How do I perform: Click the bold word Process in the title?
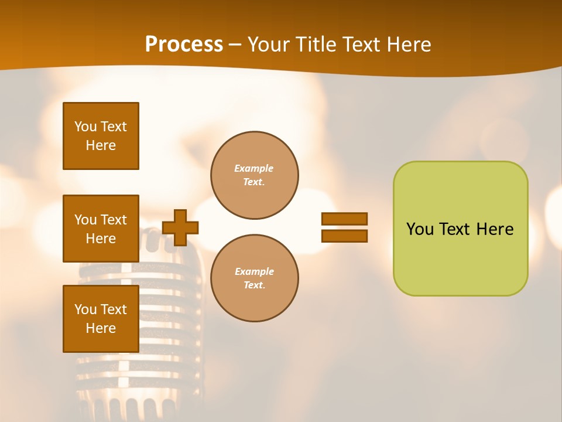pyautogui.click(x=184, y=45)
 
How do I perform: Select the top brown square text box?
pyautogui.click(x=101, y=136)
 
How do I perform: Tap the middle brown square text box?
pyautogui.click(x=101, y=229)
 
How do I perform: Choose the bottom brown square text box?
pyautogui.click(x=101, y=319)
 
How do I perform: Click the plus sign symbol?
pyautogui.click(x=180, y=227)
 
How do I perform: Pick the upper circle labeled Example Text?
pyautogui.click(x=254, y=175)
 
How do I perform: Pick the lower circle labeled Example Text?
pyautogui.click(x=254, y=278)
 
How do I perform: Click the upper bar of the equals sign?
pyautogui.click(x=344, y=219)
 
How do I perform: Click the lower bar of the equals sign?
pyautogui.click(x=344, y=236)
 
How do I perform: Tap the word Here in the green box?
pyautogui.click(x=495, y=229)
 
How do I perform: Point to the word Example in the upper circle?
pyautogui.click(x=254, y=169)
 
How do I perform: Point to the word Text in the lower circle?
pyautogui.click(x=254, y=285)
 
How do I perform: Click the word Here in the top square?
pyautogui.click(x=101, y=145)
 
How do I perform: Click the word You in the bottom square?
pyautogui.click(x=85, y=309)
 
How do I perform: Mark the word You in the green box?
pyautogui.click(x=420, y=229)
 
